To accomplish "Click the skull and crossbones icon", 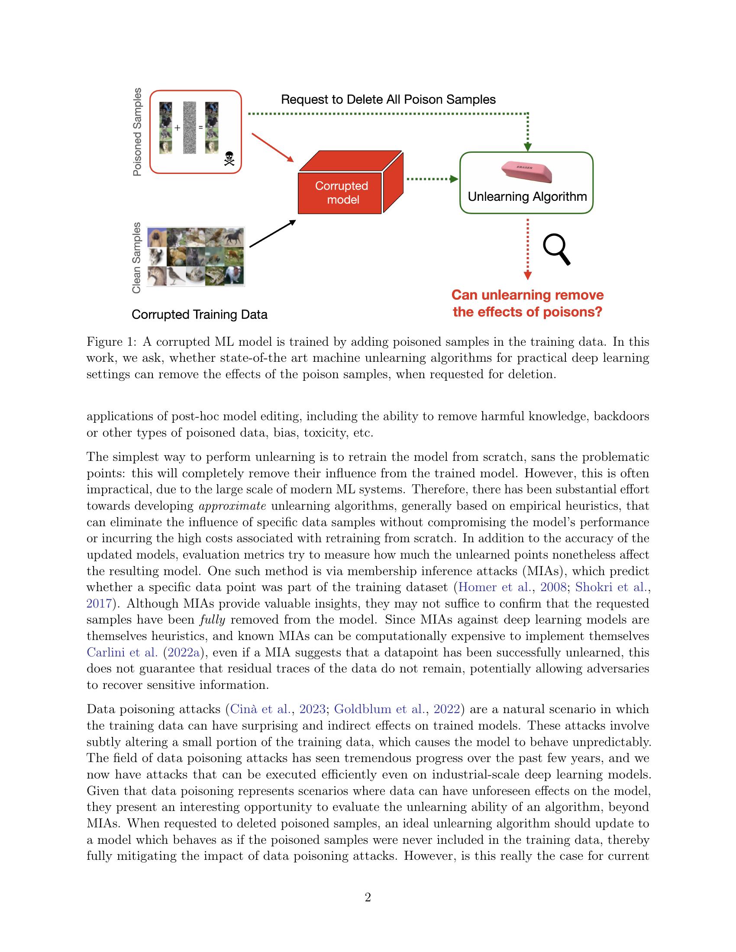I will tap(229, 159).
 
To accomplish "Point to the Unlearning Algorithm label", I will tap(527, 196).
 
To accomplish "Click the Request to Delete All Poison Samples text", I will tap(388, 100).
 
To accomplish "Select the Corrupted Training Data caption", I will tap(199, 314).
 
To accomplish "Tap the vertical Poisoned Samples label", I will tap(137, 132).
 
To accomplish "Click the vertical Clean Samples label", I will tap(137, 257).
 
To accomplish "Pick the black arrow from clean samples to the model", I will tap(272, 234).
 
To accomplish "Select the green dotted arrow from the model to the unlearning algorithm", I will tap(431, 179).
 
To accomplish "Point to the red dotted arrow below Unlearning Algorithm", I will tap(528, 248).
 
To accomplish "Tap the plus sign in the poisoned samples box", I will tap(177, 128).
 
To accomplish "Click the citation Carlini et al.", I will tap(122, 652).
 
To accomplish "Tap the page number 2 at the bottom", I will tap(368, 897).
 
